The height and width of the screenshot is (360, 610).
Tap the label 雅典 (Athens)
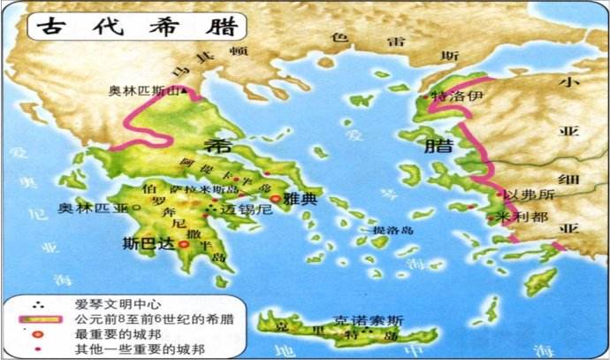click(301, 200)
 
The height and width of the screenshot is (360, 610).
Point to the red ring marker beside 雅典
click(276, 199)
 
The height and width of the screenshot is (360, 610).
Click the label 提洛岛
click(393, 231)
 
